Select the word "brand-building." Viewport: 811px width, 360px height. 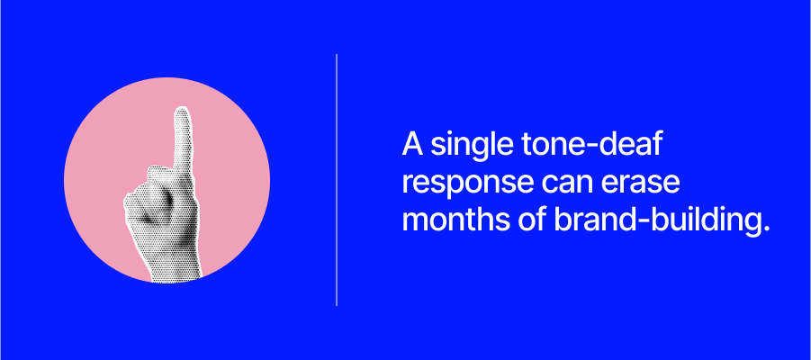click(x=658, y=220)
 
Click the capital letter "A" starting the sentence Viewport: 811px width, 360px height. click(x=413, y=144)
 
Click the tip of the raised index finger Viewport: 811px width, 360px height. click(x=182, y=109)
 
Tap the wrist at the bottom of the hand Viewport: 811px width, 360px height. click(x=175, y=269)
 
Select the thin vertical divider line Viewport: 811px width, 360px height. click(x=337, y=180)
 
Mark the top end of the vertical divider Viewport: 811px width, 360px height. click(x=337, y=54)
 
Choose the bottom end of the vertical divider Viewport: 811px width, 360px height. click(x=337, y=306)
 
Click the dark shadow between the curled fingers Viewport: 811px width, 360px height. click(x=166, y=198)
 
